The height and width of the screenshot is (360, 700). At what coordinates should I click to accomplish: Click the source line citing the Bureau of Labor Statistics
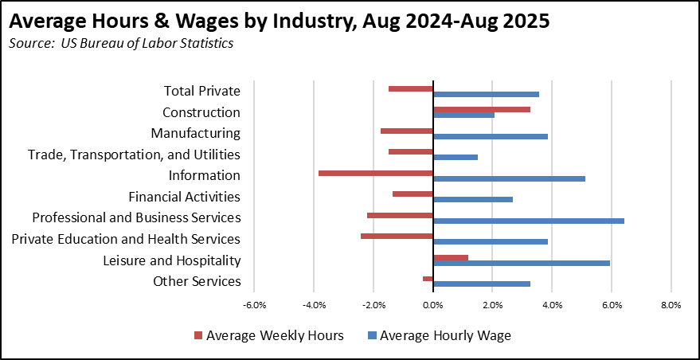tap(121, 43)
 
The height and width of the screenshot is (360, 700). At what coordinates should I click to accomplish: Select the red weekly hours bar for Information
tap(376, 172)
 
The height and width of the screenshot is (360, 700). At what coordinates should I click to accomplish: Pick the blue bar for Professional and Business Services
tap(528, 221)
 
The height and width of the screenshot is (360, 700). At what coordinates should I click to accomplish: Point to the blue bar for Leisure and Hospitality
tap(521, 263)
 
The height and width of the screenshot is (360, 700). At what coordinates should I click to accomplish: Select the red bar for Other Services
tap(428, 278)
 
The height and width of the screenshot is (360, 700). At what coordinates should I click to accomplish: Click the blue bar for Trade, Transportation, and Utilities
tap(456, 157)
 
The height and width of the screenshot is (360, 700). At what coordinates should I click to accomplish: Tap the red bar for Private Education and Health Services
tap(397, 236)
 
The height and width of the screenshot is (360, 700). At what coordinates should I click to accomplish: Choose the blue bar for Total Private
tap(486, 94)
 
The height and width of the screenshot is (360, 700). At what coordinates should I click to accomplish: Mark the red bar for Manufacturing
tap(407, 131)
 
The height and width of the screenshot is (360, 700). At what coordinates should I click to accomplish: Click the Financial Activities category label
tap(184, 197)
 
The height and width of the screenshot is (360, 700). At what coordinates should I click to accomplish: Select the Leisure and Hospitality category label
tap(171, 260)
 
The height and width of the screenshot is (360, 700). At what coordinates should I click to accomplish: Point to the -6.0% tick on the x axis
tap(254, 305)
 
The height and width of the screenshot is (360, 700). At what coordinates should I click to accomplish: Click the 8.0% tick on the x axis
tap(671, 305)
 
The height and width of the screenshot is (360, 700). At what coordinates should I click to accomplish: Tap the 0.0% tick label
tap(432, 305)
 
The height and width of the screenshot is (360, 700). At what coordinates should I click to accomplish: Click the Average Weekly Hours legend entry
tap(268, 335)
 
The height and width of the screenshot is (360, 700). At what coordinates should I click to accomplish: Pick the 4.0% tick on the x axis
tap(552, 305)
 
